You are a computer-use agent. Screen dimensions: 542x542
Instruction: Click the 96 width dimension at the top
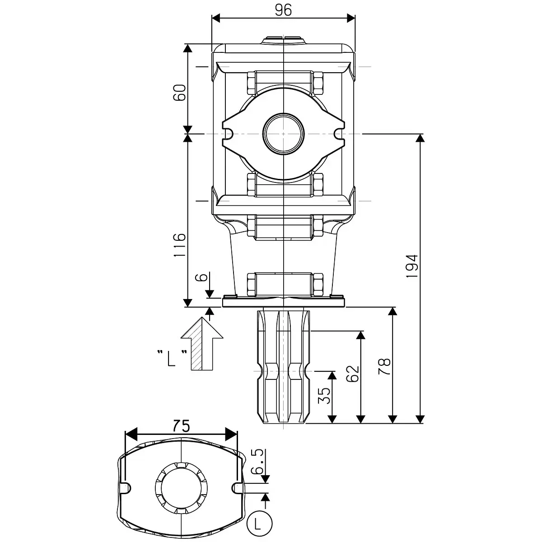point(283,10)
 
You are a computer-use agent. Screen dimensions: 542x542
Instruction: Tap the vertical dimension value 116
point(180,245)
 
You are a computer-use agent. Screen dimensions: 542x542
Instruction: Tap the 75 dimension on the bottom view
point(181,425)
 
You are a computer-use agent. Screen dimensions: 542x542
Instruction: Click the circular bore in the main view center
point(284,134)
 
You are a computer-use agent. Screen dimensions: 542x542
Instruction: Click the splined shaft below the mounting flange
point(283,366)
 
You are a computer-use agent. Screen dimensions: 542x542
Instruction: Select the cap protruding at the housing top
point(284,40)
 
